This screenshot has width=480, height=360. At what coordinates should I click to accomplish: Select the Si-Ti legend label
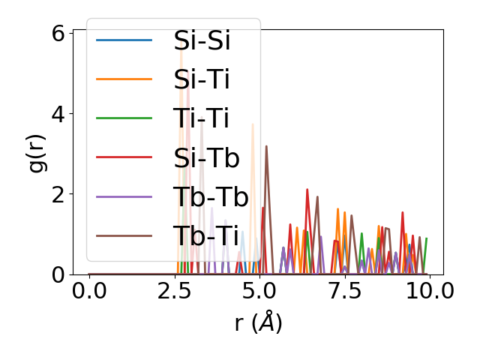tap(201, 79)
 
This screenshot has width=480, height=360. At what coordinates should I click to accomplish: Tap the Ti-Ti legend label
tap(201, 118)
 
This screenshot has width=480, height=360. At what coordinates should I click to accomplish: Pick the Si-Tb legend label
tap(206, 158)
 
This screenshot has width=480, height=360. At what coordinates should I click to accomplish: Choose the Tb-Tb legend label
tap(211, 197)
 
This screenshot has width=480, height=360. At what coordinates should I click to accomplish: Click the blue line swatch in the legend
tap(124, 40)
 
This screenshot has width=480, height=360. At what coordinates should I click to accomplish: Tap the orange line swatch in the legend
tap(124, 79)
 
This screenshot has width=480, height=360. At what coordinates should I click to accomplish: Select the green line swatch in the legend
tap(124, 118)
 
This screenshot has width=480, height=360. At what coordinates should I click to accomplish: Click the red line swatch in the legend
tap(124, 158)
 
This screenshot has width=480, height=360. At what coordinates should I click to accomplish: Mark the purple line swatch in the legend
tap(124, 197)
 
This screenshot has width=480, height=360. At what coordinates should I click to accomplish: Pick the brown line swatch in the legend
tap(124, 236)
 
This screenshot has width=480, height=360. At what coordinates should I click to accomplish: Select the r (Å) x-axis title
tap(258, 322)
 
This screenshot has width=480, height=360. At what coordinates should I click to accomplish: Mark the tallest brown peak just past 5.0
tap(266, 146)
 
